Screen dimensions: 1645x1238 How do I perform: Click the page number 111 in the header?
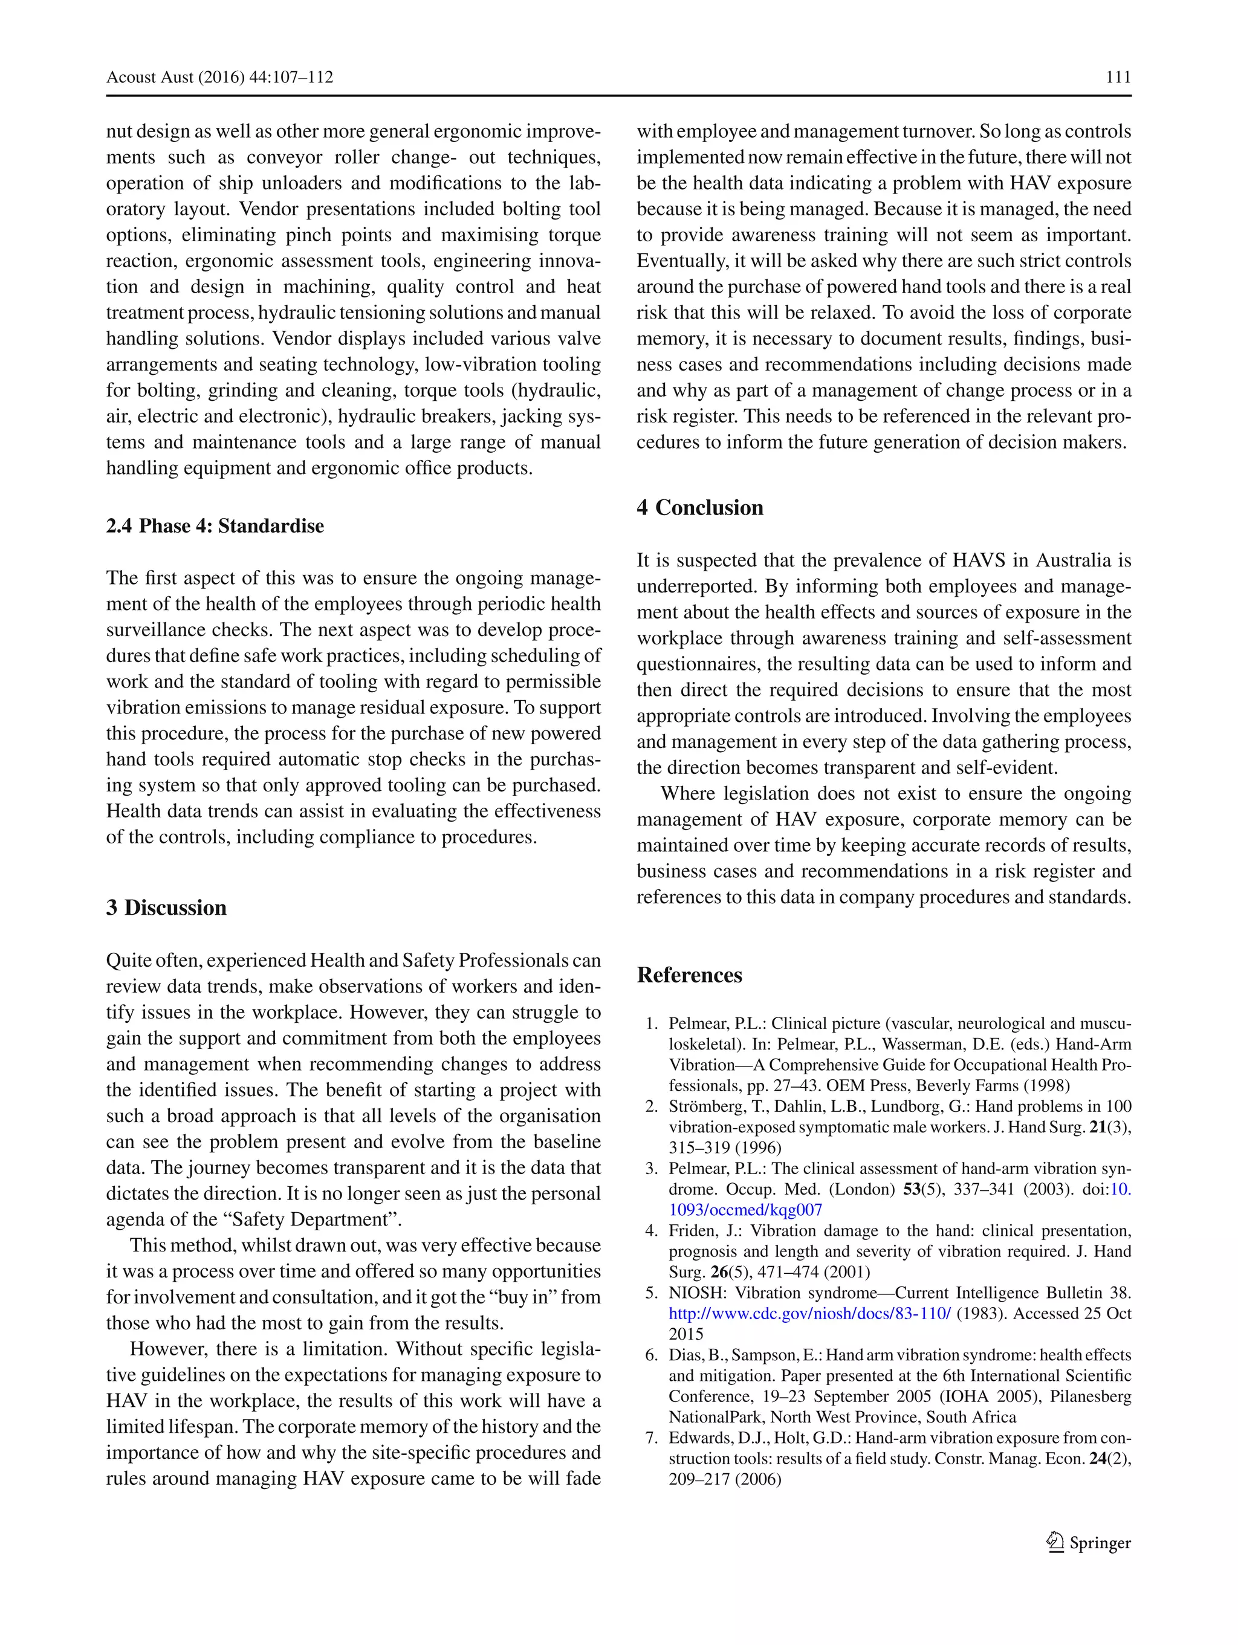click(x=1118, y=77)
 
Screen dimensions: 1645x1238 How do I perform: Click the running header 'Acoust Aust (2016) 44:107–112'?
click(x=219, y=77)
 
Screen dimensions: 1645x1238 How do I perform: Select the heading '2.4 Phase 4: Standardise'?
click(x=215, y=526)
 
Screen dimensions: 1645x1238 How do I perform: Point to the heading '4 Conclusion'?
click(x=699, y=507)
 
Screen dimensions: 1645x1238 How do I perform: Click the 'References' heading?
click(x=689, y=975)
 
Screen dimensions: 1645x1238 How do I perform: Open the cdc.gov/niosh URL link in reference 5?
click(x=809, y=1313)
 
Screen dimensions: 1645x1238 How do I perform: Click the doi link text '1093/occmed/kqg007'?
click(x=745, y=1210)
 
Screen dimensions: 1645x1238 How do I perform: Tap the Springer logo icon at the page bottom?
click(x=1054, y=1543)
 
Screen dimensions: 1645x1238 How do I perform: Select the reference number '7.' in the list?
click(x=652, y=1438)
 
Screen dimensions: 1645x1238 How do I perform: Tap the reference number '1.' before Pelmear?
click(x=652, y=1024)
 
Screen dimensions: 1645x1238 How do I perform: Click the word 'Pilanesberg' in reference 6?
click(x=1090, y=1397)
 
